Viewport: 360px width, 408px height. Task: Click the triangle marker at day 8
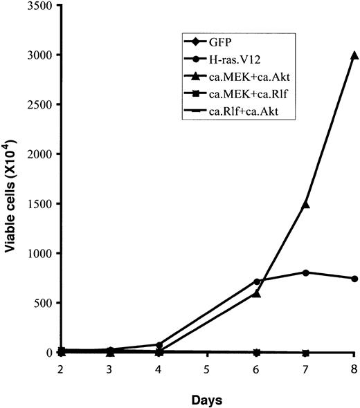click(x=354, y=55)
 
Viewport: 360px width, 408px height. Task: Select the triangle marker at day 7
click(x=305, y=204)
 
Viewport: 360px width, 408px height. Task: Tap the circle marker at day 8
click(x=354, y=279)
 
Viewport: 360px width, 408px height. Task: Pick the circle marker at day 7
click(x=305, y=272)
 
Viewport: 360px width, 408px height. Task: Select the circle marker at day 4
click(x=159, y=344)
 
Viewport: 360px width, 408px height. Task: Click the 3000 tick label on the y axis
click(x=44, y=55)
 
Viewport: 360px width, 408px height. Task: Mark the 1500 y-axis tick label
click(x=44, y=204)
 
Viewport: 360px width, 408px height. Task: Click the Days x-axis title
click(x=208, y=399)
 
